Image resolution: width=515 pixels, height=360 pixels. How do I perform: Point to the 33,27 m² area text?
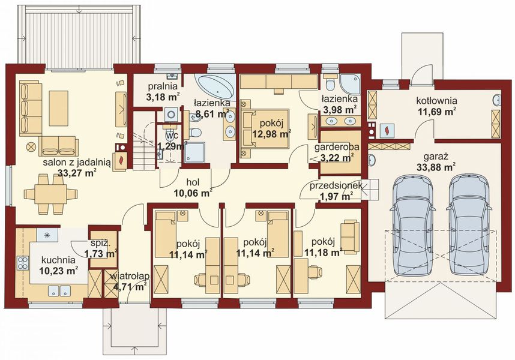click(77, 173)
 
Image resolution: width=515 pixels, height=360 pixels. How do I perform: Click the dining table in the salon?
click(51, 194)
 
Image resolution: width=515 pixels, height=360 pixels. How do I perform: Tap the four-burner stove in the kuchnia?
click(23, 263)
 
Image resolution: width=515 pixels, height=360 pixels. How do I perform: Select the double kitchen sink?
click(59, 291)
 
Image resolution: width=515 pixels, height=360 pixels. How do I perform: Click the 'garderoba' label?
click(337, 147)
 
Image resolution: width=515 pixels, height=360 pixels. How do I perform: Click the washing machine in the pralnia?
click(171, 115)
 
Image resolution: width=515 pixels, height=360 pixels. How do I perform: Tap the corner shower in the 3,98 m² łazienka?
click(350, 84)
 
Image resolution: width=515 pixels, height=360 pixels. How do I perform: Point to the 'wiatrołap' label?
click(130, 277)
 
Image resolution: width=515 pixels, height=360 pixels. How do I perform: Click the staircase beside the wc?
click(144, 140)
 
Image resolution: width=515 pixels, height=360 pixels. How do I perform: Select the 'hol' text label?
click(193, 182)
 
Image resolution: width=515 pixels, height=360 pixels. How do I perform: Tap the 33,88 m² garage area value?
click(436, 167)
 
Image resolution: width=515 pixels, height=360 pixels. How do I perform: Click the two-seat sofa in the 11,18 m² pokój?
click(350, 237)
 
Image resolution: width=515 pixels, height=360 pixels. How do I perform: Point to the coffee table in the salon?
click(58, 108)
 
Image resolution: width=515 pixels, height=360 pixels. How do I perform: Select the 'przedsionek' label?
click(336, 186)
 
